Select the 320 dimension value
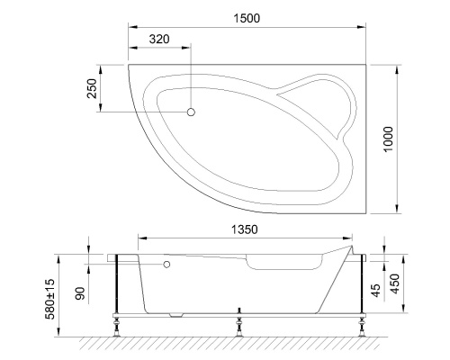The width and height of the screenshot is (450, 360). (x=160, y=40)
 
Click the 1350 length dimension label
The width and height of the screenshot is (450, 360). (x=242, y=229)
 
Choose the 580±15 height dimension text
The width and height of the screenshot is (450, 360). (x=50, y=298)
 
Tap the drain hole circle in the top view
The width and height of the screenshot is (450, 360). (x=191, y=112)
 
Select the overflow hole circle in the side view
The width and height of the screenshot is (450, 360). (x=167, y=265)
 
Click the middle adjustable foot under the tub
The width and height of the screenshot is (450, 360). (x=238, y=323)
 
